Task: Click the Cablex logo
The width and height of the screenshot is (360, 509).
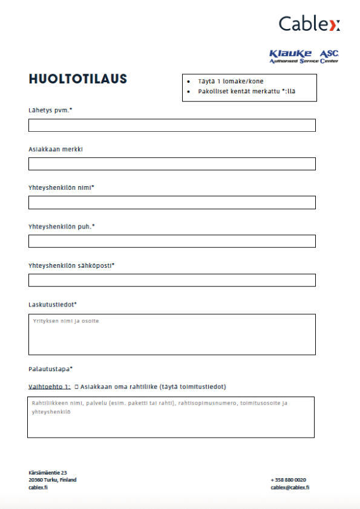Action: coord(309,24)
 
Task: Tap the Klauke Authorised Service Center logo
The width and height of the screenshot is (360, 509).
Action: coord(304,56)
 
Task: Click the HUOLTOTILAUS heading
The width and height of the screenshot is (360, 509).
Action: coord(77,79)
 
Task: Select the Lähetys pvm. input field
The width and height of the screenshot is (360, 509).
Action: coord(172,125)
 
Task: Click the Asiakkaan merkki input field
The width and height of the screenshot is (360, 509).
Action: coord(172,164)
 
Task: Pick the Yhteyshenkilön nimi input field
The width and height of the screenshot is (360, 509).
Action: coord(172,203)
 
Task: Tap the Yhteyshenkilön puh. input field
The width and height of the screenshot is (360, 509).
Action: coord(172,241)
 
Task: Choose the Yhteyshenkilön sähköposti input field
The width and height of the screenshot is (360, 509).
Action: coord(172,280)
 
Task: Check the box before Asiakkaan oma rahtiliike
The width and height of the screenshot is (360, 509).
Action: coord(76,387)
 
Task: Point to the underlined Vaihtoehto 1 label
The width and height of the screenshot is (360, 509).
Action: coord(49,387)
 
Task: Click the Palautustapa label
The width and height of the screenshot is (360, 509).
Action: coord(50,368)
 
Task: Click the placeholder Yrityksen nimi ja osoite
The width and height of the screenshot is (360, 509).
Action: coord(66,321)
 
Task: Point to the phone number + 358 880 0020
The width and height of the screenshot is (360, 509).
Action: coord(288,479)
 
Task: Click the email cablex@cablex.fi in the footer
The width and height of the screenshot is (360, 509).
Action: coord(290,487)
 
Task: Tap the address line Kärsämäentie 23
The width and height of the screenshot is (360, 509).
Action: coord(48,472)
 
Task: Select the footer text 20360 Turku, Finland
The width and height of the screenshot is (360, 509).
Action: coord(53,480)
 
